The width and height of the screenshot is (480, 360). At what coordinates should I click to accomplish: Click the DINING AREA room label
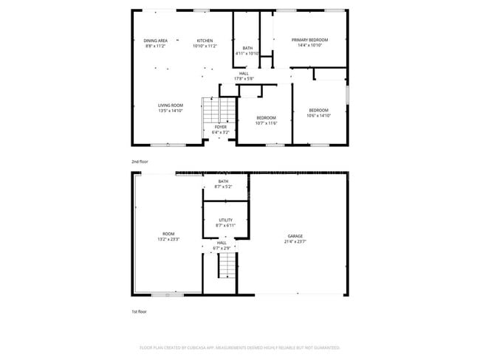click(155, 40)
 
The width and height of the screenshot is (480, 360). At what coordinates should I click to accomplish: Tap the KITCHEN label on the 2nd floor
click(205, 40)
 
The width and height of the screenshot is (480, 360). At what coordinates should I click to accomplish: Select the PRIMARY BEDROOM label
click(309, 40)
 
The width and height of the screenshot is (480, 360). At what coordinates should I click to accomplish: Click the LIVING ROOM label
click(170, 105)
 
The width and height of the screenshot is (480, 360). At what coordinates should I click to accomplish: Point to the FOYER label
click(221, 127)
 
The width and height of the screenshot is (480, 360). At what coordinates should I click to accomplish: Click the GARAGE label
click(295, 237)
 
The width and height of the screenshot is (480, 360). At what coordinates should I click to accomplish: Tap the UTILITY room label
click(225, 220)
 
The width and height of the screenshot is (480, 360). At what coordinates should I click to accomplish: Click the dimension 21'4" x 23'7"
click(295, 242)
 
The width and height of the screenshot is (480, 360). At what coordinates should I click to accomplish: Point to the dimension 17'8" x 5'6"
click(244, 78)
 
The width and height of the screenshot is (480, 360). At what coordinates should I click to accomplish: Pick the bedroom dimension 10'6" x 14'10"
click(319, 115)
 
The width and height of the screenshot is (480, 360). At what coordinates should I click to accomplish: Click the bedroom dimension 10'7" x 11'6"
click(266, 122)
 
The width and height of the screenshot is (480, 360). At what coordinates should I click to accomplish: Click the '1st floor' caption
click(140, 311)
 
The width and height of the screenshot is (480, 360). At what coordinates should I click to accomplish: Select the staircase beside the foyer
click(211, 111)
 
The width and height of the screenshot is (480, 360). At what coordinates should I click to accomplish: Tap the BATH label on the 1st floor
click(223, 181)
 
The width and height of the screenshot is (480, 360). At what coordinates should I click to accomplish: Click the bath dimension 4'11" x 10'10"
click(247, 54)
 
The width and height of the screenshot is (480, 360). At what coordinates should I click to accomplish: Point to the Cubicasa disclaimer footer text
click(239, 347)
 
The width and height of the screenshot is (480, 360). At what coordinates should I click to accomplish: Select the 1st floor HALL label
click(222, 243)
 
